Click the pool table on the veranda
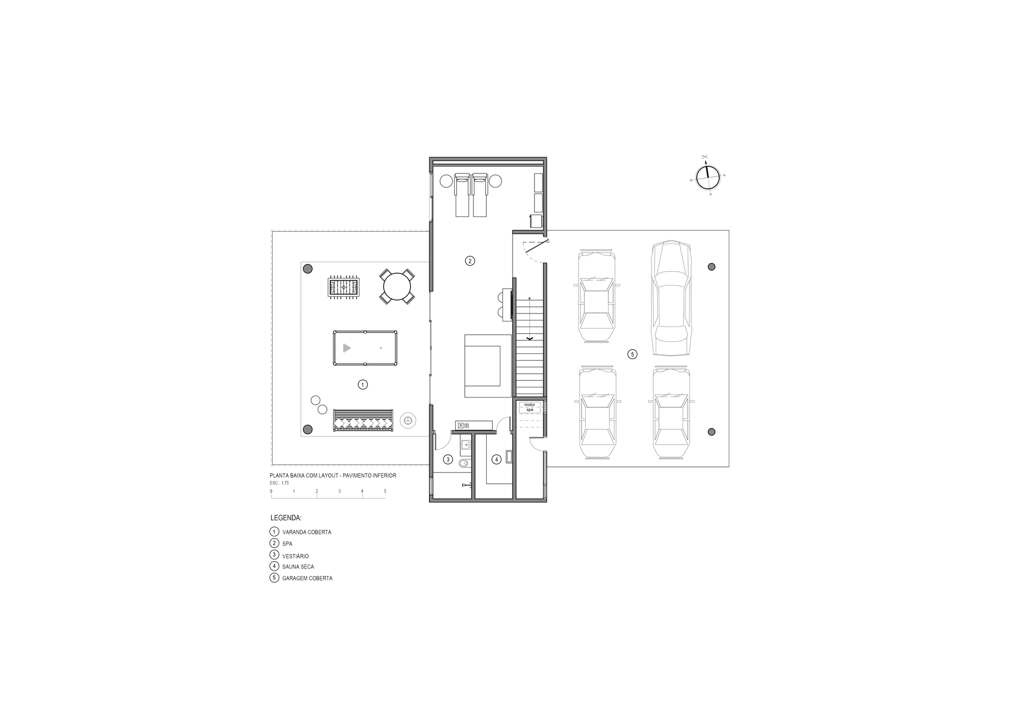coord(365,348)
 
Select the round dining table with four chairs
coord(397,286)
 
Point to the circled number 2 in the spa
coord(470,261)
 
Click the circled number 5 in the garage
coord(632,354)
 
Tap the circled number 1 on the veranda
coord(362,385)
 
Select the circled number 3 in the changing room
coord(448,460)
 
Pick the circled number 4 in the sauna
coord(496,460)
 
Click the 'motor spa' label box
coord(529,407)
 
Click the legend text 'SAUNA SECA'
coord(298,567)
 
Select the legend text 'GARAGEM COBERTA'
coord(307,578)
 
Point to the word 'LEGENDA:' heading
coord(286,518)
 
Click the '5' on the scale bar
coord(385,491)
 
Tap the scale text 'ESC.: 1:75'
coord(280,483)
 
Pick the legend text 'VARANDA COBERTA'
coord(307,532)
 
